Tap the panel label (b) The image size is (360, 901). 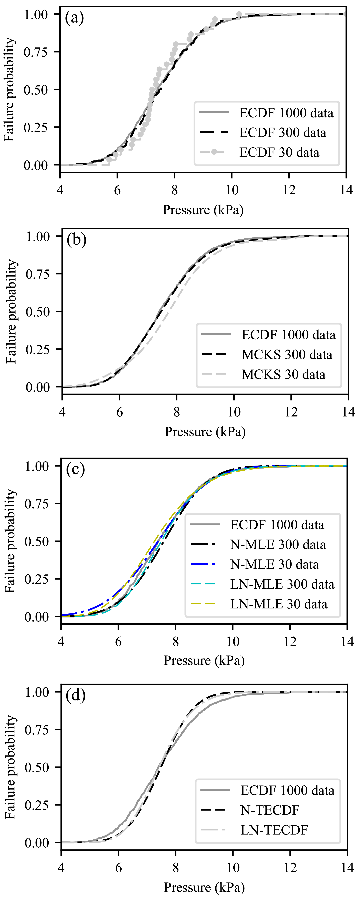tap(77, 240)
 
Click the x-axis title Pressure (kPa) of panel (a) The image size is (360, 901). tap(203, 210)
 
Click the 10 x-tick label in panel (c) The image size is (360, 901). tap(233, 642)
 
